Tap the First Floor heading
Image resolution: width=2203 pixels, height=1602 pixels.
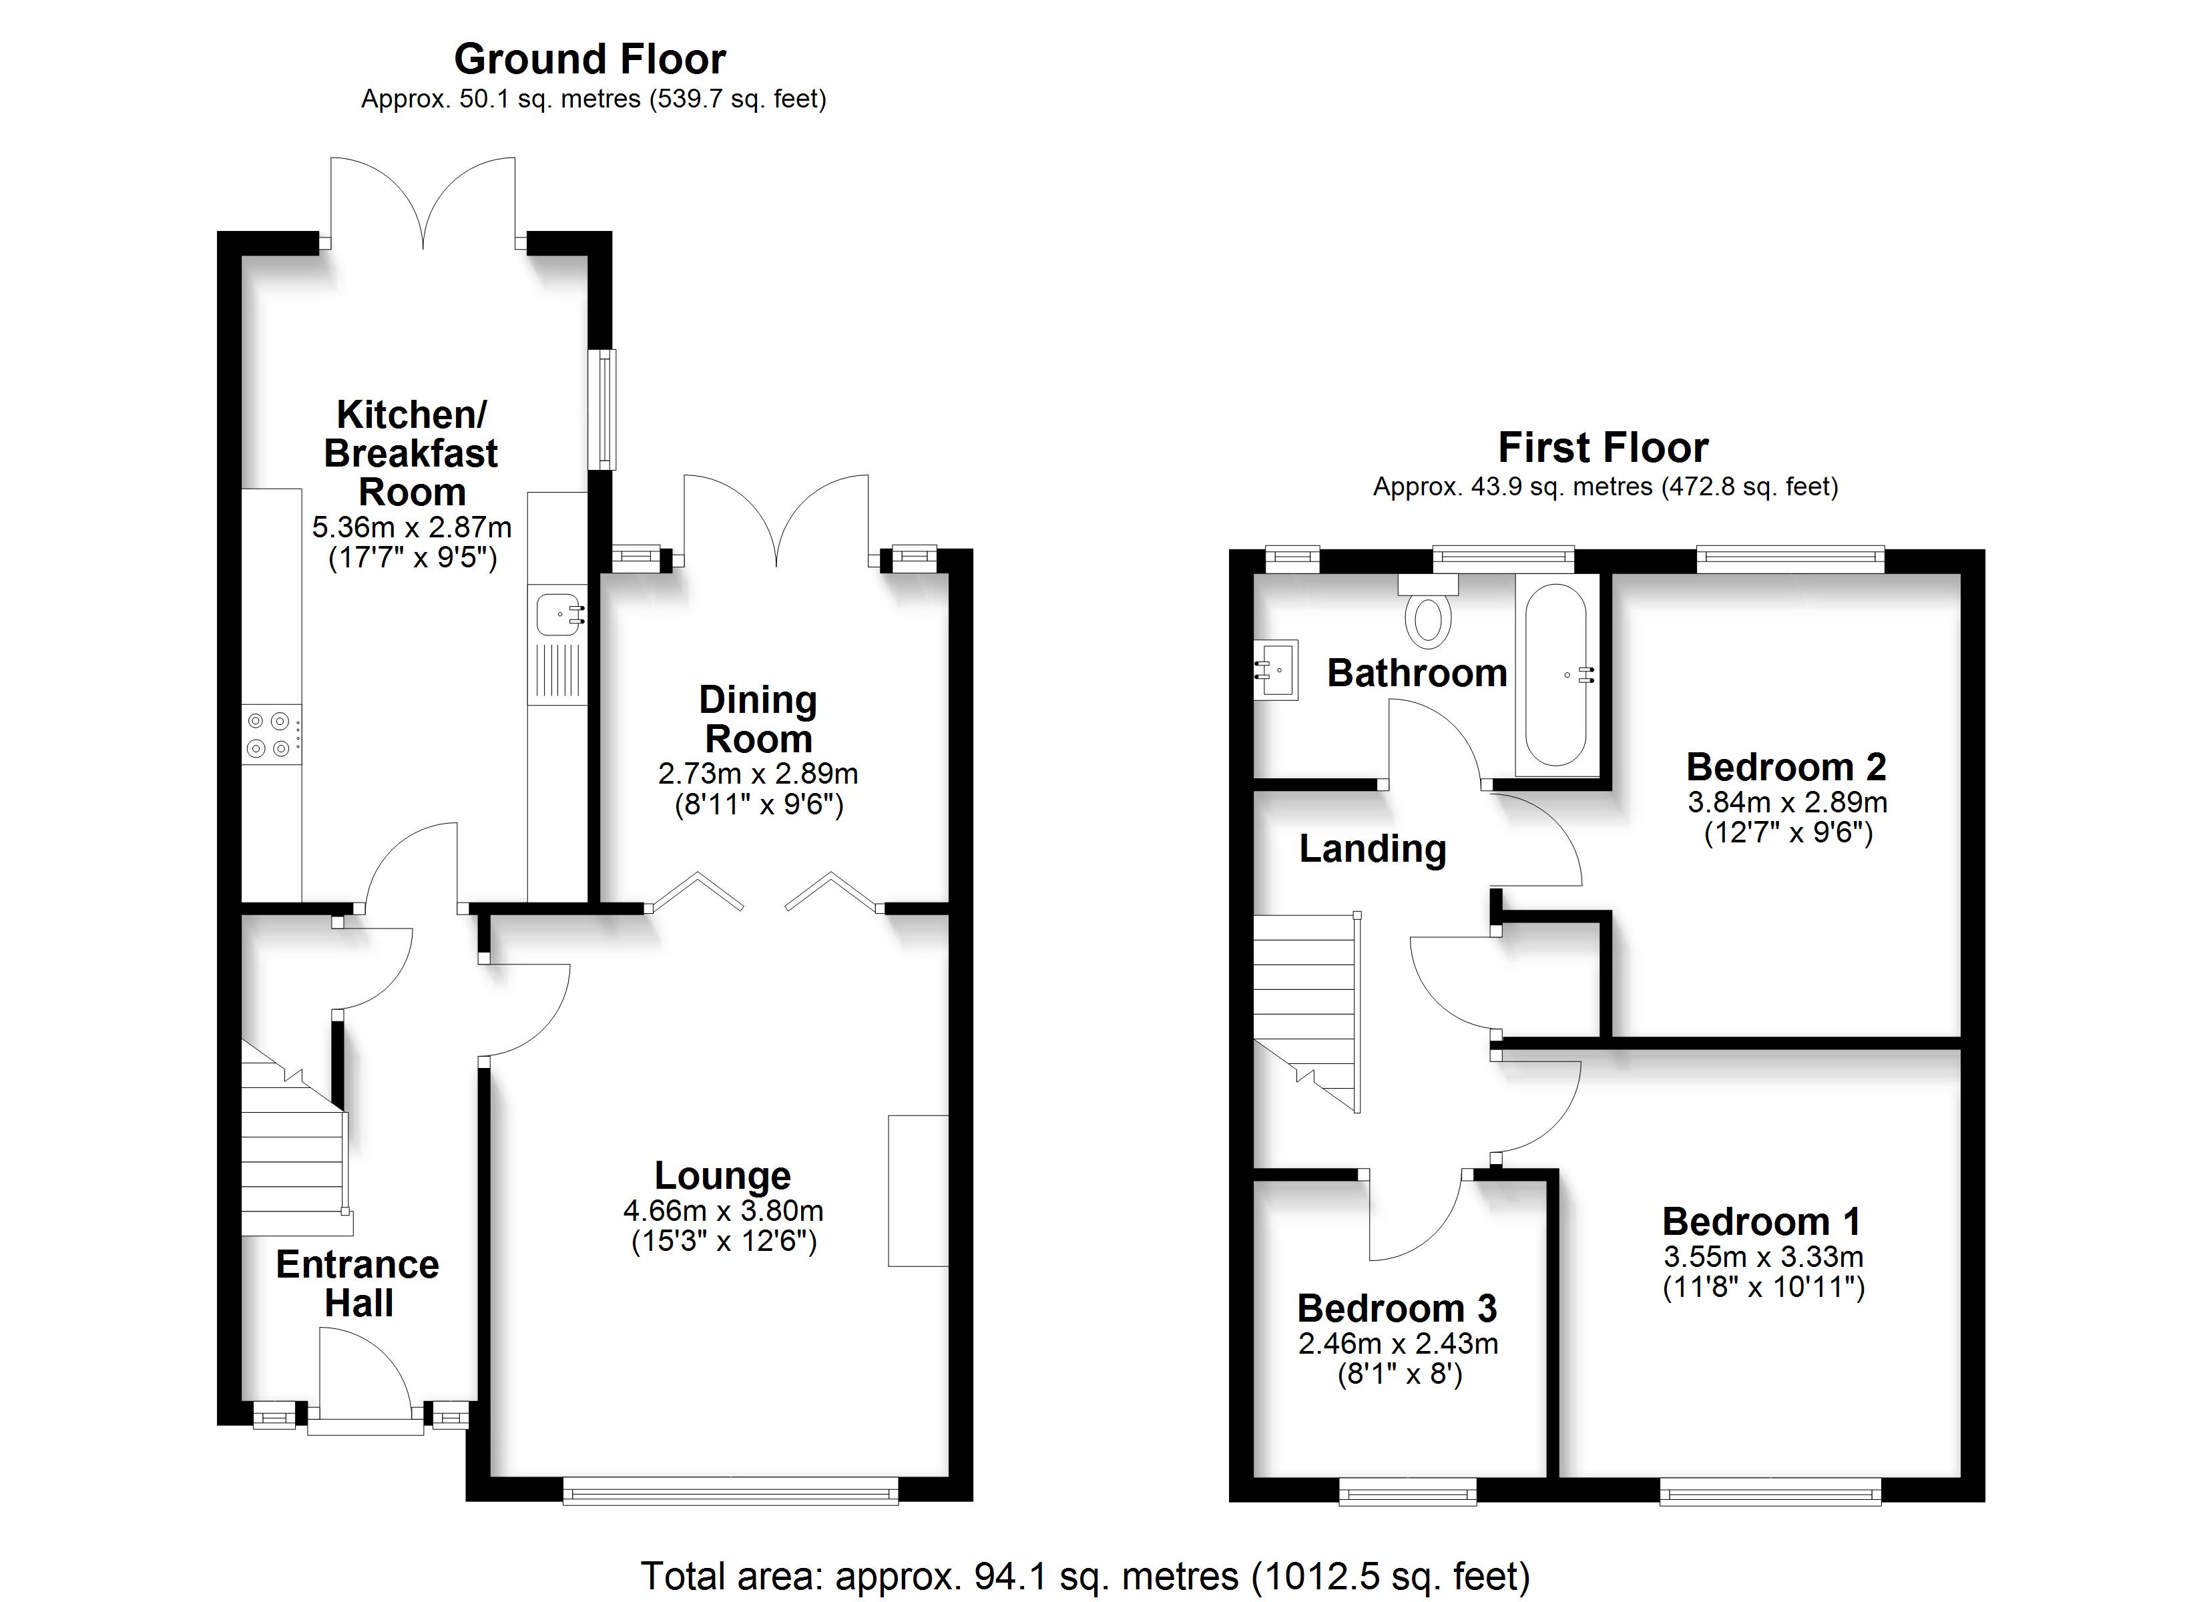pos(1603,448)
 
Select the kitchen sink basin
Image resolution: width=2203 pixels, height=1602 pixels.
pos(559,614)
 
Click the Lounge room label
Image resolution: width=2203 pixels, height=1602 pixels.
pos(723,1175)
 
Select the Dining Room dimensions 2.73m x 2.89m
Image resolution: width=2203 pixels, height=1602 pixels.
pos(758,774)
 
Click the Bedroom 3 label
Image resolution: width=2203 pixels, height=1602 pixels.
pos(1397,1308)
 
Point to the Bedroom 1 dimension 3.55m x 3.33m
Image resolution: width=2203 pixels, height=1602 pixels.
pos(1763,1256)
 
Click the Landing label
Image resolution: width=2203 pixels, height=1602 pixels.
pos(1373,849)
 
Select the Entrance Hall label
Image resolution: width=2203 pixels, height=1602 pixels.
pos(357,1284)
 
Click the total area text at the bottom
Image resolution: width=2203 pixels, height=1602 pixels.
pos(1085,1575)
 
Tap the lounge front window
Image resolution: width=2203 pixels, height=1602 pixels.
pos(730,1491)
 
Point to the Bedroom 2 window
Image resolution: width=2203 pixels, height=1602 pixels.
pos(1790,559)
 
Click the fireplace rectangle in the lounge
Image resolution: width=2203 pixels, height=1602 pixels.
pos(918,1191)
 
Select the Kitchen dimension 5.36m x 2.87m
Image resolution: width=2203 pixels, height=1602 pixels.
pos(412,527)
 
